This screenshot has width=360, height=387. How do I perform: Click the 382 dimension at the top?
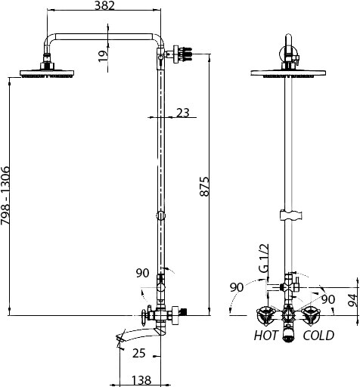[x=104, y=5]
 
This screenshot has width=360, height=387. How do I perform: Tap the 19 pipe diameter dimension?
[x=103, y=56]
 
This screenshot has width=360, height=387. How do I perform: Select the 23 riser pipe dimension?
[x=183, y=113]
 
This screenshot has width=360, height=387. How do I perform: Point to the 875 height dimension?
[x=204, y=187]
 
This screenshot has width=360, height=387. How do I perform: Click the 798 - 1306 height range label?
[x=5, y=195]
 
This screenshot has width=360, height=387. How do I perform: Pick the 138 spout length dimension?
[x=141, y=380]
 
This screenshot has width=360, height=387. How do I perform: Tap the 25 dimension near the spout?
[x=139, y=353]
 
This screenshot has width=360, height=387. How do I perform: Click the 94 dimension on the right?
[x=353, y=300]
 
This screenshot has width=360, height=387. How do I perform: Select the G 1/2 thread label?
[x=264, y=258]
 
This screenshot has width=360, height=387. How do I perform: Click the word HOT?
[x=265, y=336]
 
